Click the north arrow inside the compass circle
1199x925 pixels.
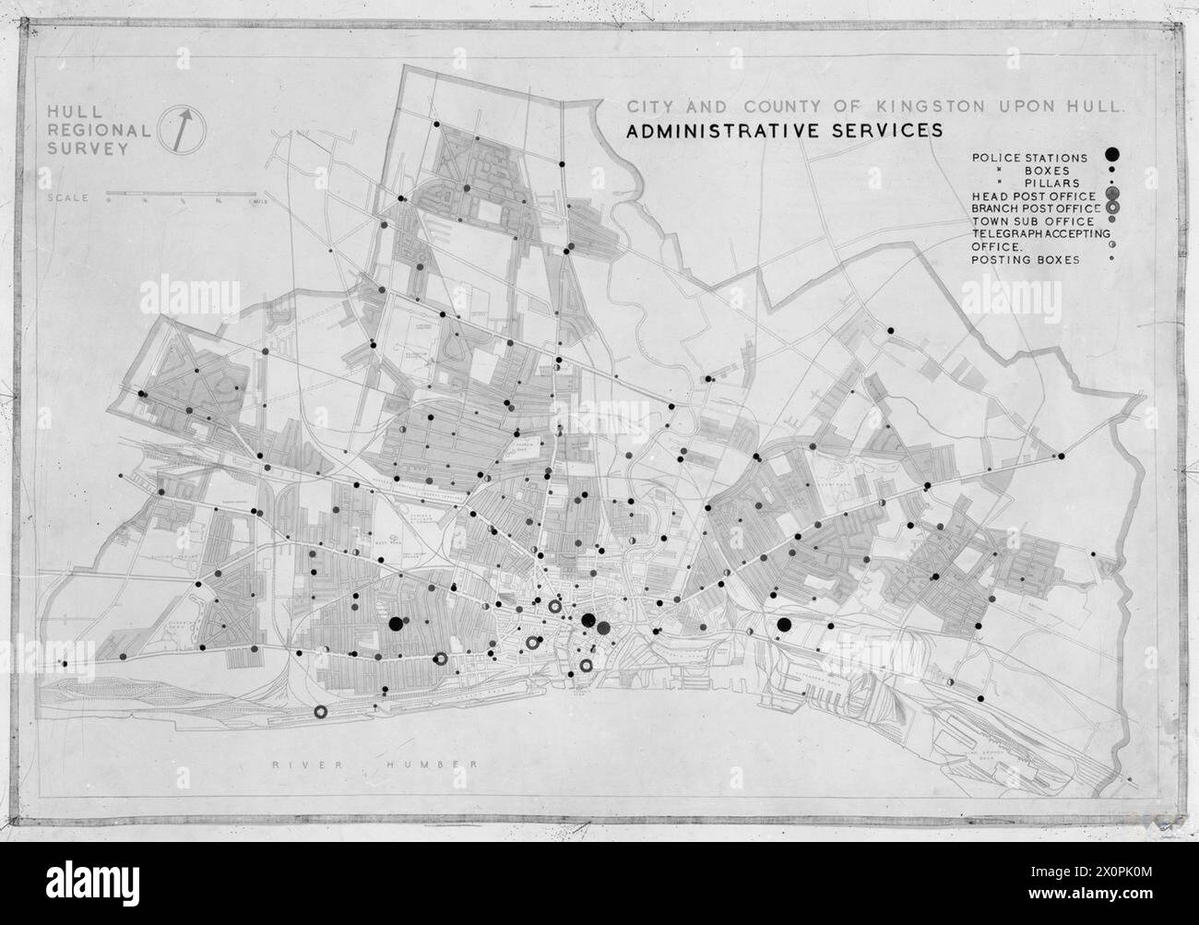[x=184, y=127]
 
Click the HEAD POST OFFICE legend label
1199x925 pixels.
[x=1033, y=196]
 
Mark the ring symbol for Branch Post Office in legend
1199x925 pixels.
[x=1113, y=208]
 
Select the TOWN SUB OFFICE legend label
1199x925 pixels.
[x=1032, y=221]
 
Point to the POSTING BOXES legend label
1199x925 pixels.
[x=1025, y=260]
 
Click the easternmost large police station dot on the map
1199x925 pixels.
[x=784, y=625]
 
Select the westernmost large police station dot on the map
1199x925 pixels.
[x=396, y=623]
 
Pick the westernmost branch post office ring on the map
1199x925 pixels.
[x=321, y=711]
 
